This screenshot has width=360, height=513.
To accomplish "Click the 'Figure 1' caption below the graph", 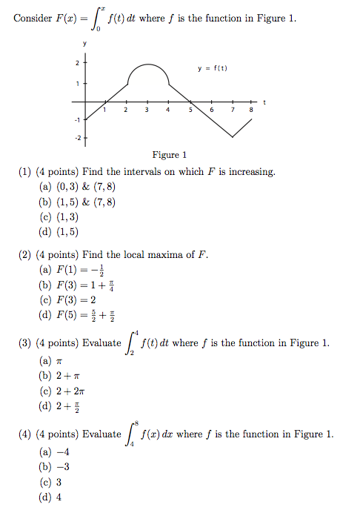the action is pyautogui.click(x=169, y=155).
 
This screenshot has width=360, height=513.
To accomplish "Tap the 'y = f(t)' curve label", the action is pyautogui.click(x=213, y=68).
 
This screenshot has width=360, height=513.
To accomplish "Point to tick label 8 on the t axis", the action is pyautogui.click(x=252, y=110).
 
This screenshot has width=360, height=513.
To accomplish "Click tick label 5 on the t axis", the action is pyautogui.click(x=190, y=110).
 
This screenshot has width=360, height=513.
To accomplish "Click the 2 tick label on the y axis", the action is pyautogui.click(x=77, y=64).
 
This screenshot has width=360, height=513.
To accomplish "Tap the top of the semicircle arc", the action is pyautogui.click(x=147, y=64).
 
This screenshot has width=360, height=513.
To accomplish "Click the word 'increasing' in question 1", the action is pyautogui.click(x=252, y=172).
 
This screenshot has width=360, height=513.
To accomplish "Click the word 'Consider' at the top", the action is pyautogui.click(x=32, y=18).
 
